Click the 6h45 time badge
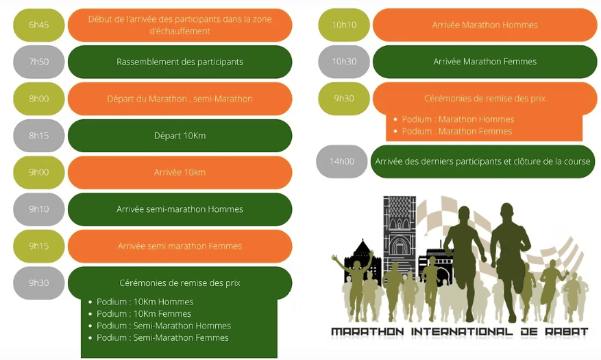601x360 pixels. coord(38,25)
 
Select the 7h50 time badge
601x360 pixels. coord(38,62)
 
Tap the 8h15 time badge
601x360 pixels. coord(38,135)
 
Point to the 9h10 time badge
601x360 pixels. coord(38,209)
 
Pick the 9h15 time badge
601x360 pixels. coord(38,245)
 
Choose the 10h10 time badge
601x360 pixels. coord(344,25)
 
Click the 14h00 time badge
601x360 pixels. coord(341,161)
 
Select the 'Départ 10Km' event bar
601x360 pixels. coord(180,135)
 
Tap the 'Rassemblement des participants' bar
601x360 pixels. coord(180,62)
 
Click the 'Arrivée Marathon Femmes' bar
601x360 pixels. coord(485,62)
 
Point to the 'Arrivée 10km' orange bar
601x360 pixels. coord(180,172)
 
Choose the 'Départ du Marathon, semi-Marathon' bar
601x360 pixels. coord(180,99)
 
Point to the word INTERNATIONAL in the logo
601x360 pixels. coord(461,332)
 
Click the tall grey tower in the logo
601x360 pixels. coord(400,234)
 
